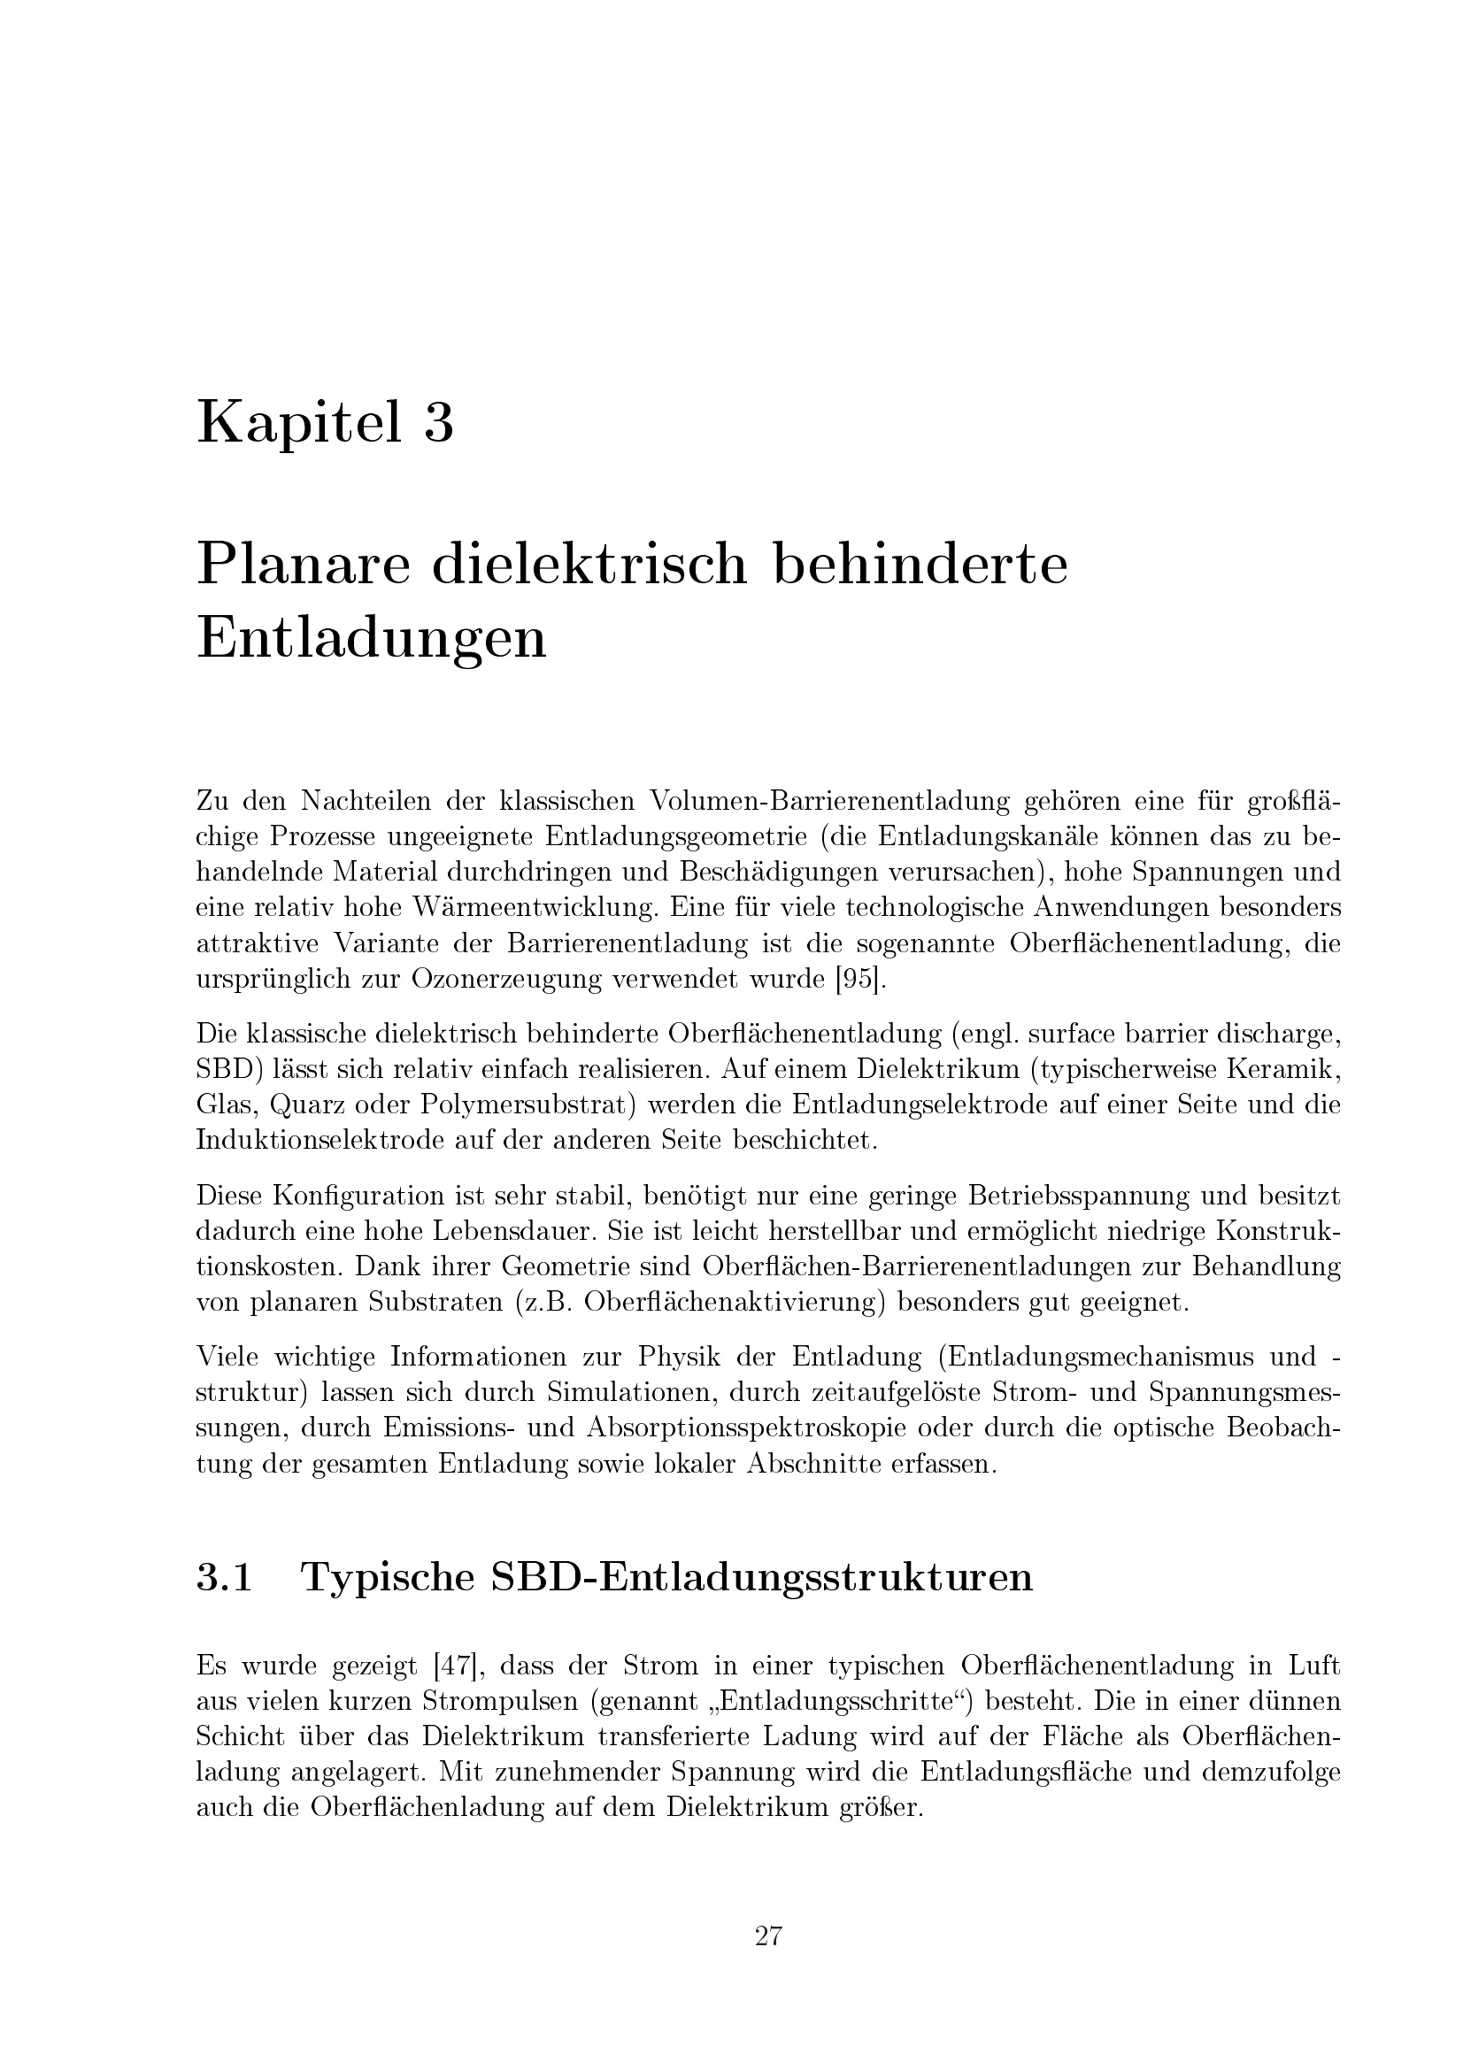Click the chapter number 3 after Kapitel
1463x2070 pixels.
tap(438, 423)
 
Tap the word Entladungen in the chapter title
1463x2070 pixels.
tap(372, 638)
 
